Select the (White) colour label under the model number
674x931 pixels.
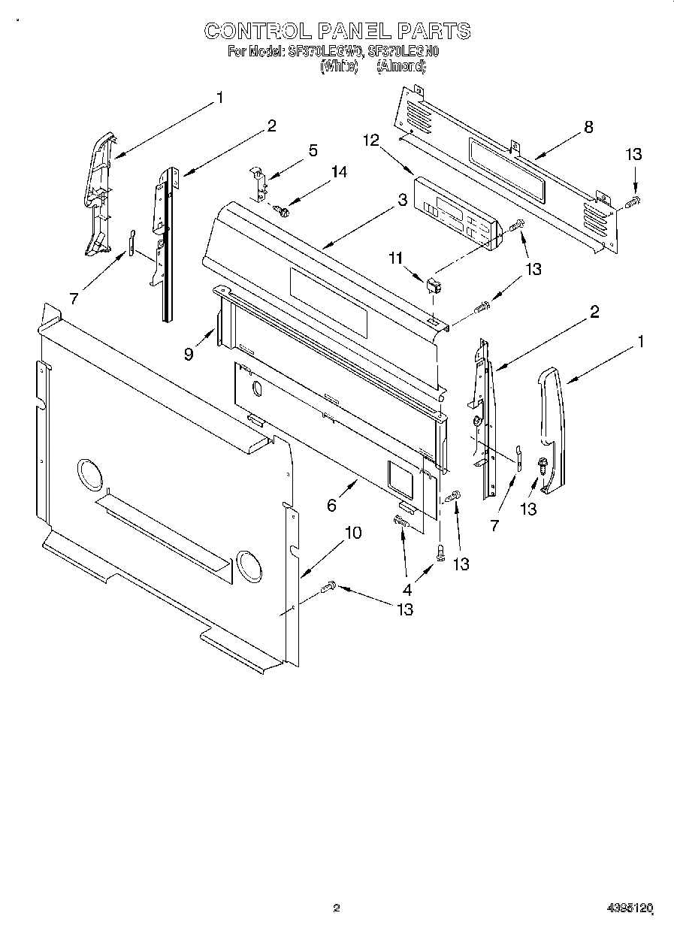pyautogui.click(x=338, y=66)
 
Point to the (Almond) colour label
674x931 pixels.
pyautogui.click(x=400, y=66)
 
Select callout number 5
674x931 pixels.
pyautogui.click(x=313, y=150)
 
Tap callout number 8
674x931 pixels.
pyautogui.click(x=588, y=127)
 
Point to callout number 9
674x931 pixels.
pyautogui.click(x=188, y=353)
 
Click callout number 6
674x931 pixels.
pyautogui.click(x=331, y=506)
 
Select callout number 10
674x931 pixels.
pyautogui.click(x=352, y=533)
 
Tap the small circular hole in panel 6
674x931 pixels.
pyautogui.click(x=257, y=388)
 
